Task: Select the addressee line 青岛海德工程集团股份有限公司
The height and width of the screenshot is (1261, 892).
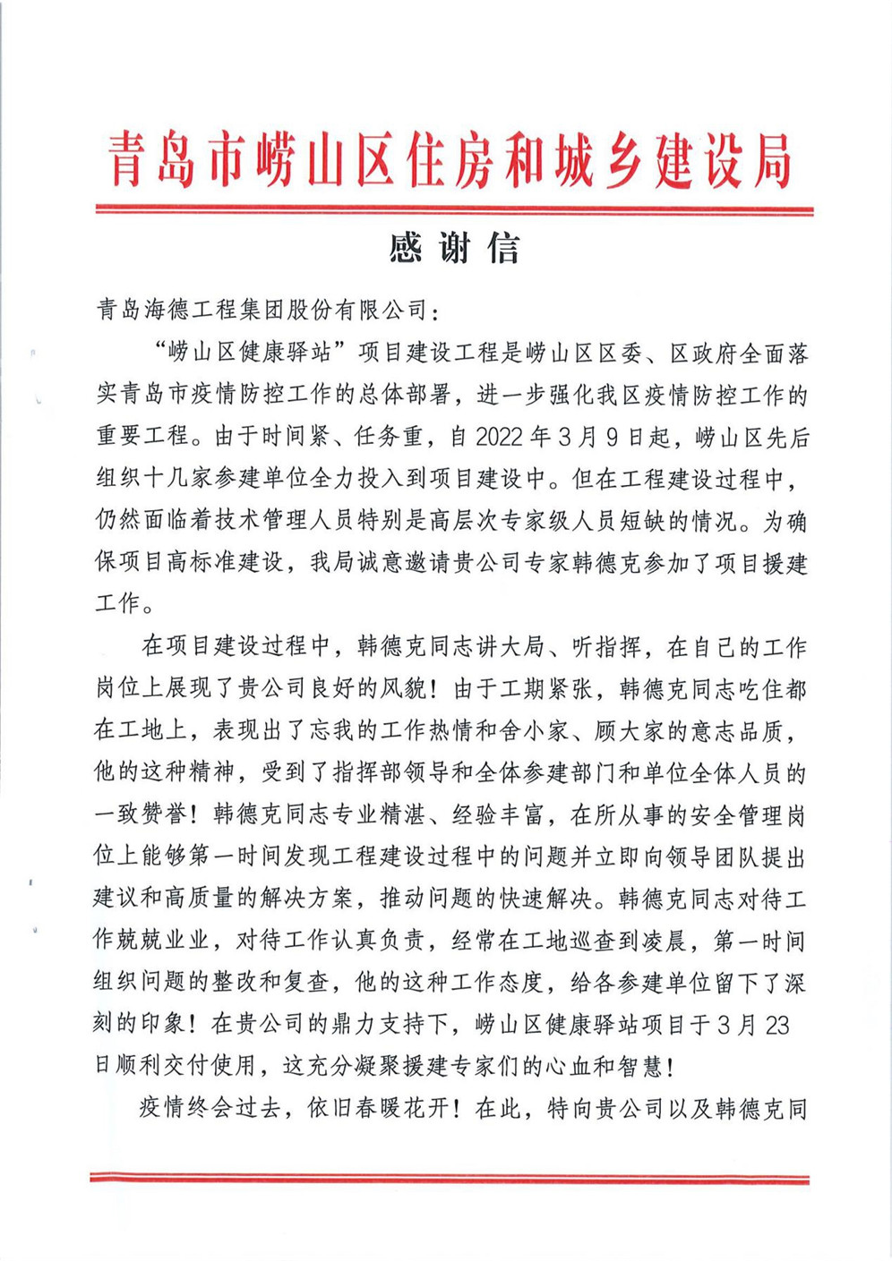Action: pos(263,311)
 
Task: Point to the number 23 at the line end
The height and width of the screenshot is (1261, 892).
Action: pos(777,1024)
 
